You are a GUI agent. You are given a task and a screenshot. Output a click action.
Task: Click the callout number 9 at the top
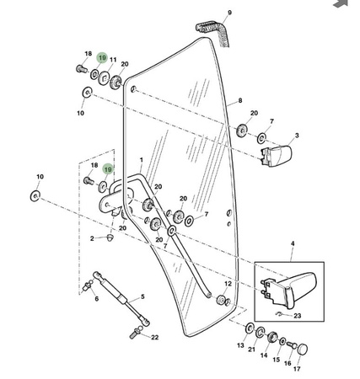(229, 13)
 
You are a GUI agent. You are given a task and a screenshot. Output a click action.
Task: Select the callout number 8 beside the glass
(240, 100)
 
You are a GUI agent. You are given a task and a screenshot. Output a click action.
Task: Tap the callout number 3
(297, 136)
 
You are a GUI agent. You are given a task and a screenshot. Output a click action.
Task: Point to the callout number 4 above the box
(293, 243)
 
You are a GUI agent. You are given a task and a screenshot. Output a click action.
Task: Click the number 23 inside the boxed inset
(297, 316)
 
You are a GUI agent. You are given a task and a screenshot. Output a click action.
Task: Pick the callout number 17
(297, 369)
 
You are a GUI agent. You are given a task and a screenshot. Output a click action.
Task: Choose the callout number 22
(154, 337)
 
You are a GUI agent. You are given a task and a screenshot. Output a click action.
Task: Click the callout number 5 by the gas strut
(142, 296)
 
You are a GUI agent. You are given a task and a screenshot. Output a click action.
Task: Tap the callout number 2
(92, 238)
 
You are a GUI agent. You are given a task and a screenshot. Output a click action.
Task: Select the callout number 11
(113, 60)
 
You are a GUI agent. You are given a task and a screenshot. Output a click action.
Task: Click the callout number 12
(228, 284)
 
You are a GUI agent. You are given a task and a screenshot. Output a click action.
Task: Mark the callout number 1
(142, 160)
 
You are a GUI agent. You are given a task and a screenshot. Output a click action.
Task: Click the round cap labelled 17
(303, 349)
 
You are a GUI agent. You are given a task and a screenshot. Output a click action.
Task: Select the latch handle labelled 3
(277, 156)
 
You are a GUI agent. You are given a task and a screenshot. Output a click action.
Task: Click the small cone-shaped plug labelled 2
(110, 238)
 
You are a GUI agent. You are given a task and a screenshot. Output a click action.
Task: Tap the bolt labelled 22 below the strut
(135, 333)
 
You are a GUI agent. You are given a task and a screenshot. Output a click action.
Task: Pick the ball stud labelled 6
(89, 286)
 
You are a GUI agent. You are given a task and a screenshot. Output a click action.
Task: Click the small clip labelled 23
(279, 313)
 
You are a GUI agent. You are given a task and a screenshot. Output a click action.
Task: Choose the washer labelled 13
(250, 328)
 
